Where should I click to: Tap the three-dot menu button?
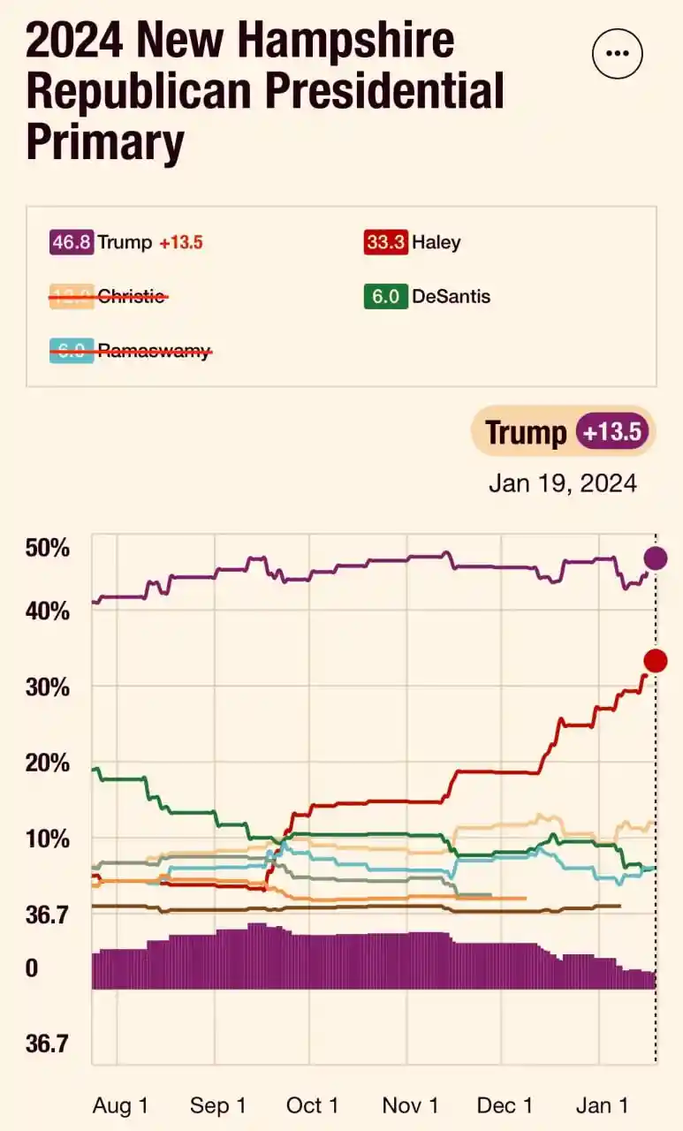pos(618,53)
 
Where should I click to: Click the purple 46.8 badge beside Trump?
pos(71,242)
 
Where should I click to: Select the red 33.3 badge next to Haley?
pos(385,242)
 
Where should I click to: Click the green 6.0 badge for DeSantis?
pos(385,296)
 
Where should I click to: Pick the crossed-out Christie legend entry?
pos(108,297)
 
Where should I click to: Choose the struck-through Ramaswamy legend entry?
pos(130,351)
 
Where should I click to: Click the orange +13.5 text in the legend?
pos(181,242)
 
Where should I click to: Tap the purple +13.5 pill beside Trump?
pos(613,432)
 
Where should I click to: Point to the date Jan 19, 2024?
pos(563,483)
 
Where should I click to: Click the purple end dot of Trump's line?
pos(655,558)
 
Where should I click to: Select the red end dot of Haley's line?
pos(655,661)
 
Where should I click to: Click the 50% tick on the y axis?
pos(48,548)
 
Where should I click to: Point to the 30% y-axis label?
pos(48,687)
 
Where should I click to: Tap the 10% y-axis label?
pos(48,838)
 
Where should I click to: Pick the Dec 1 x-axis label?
pos(505,1105)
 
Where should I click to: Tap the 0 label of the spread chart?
pos(32,968)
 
